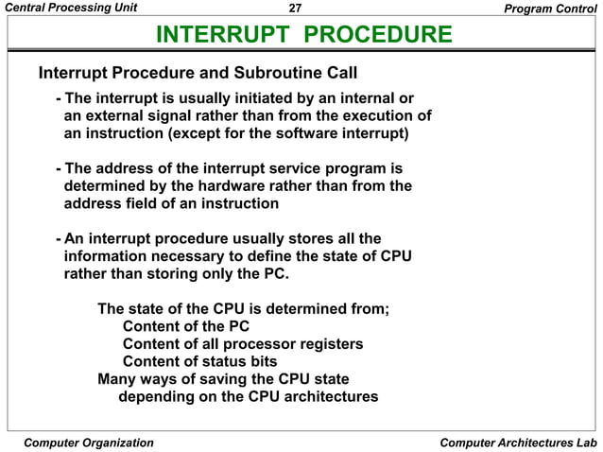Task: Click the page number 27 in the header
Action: (295, 9)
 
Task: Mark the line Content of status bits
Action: (199, 361)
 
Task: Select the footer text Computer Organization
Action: (88, 442)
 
